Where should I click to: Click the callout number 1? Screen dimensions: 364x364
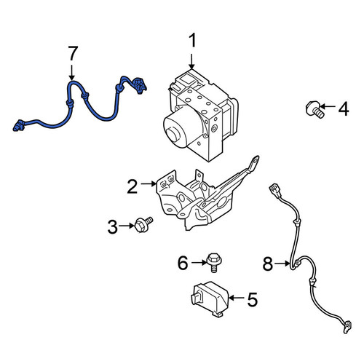192,41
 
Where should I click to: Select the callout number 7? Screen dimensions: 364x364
73,53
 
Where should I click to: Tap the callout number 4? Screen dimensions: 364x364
344,109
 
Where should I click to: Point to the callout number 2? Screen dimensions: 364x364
132,186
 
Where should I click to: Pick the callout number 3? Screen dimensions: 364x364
112,227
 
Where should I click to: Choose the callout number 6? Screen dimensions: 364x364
183,263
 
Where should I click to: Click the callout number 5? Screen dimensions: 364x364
252,299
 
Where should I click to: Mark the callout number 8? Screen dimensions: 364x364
268,264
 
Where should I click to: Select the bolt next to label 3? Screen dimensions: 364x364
143,225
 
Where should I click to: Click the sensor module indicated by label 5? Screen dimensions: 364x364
210,299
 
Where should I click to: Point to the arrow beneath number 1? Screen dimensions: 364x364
191,62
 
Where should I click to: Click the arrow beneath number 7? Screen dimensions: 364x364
71,73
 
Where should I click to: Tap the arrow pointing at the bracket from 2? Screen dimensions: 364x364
149,184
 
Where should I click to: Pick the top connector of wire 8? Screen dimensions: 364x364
275,189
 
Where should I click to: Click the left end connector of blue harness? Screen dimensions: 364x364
19,125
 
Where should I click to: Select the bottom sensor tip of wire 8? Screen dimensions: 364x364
347,327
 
